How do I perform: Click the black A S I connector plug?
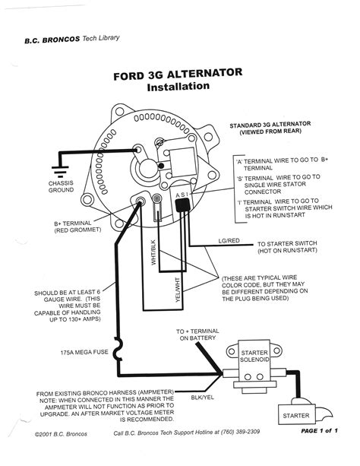[x=182, y=207]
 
